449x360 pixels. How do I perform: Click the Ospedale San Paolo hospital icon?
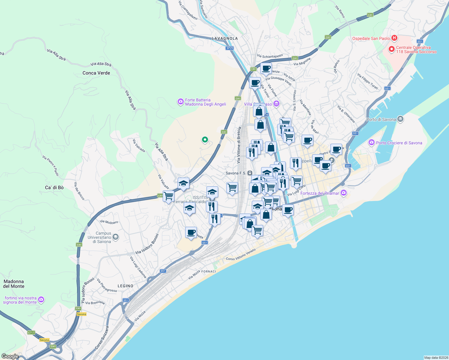click(x=394, y=38)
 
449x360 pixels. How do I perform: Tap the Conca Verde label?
click(x=96, y=73)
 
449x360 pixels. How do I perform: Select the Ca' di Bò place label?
click(x=54, y=187)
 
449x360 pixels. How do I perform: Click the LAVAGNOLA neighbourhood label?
click(x=225, y=38)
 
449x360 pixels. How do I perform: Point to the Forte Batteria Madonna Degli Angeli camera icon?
click(x=180, y=102)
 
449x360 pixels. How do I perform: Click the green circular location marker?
click(x=205, y=139)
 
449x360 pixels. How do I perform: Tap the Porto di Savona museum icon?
click(x=400, y=119)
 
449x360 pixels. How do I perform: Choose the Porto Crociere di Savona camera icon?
click(x=372, y=142)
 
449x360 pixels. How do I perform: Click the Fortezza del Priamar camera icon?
click(x=344, y=193)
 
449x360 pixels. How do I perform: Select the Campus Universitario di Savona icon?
click(x=115, y=237)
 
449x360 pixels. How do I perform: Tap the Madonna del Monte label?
click(x=14, y=284)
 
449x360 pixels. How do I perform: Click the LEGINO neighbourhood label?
click(x=125, y=286)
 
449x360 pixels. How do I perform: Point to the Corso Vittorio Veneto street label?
click(x=241, y=254)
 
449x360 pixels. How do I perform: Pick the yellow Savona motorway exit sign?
click(x=81, y=314)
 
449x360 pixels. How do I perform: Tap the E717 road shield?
click(x=31, y=332)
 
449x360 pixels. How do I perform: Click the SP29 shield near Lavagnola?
click(x=230, y=48)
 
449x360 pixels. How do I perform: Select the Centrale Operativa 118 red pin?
click(x=391, y=49)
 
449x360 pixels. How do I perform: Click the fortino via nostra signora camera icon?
click(x=41, y=299)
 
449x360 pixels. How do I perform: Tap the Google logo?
click(x=10, y=356)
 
